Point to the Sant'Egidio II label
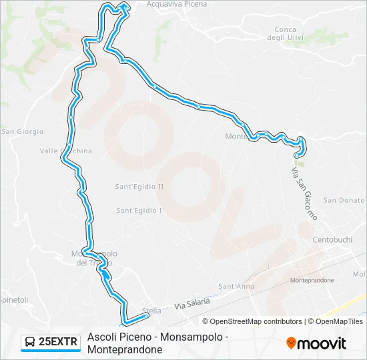click(139, 187)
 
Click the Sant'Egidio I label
click(139, 211)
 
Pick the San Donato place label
click(344, 200)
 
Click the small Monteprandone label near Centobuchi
click(312, 281)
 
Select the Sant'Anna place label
click(237, 287)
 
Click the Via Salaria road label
click(192, 304)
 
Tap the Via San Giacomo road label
click(304, 193)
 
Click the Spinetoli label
click(14, 300)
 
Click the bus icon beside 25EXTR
click(31, 342)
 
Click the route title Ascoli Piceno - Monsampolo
click(157, 337)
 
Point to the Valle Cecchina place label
click(66, 151)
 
